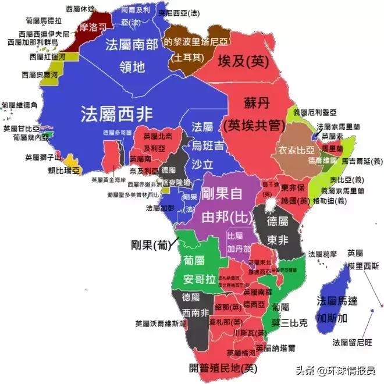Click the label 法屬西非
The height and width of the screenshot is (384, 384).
[117, 112]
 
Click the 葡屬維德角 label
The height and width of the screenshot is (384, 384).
[20, 105]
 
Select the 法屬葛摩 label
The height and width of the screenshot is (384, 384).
[322, 254]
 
